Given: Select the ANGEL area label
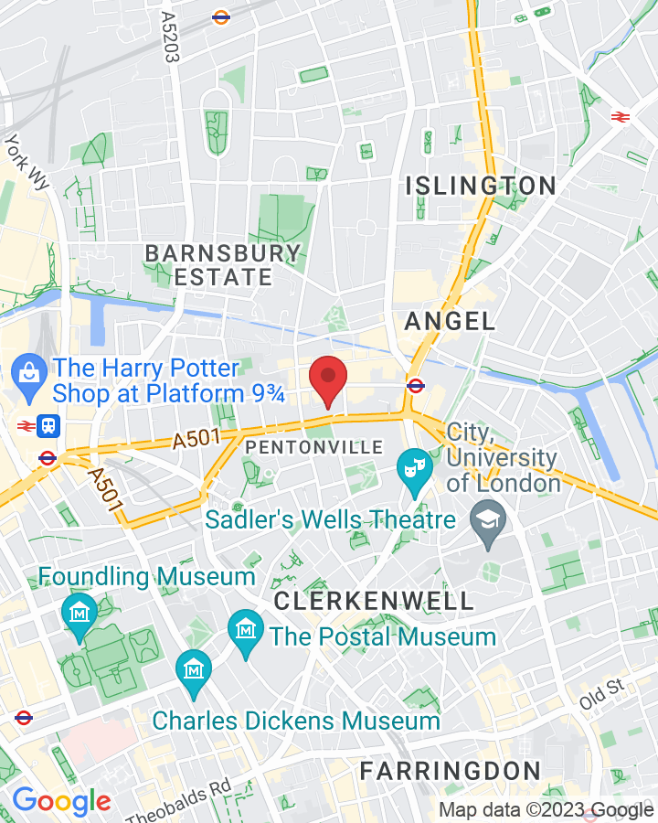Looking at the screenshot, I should [450, 321].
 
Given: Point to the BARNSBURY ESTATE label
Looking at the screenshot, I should [223, 265].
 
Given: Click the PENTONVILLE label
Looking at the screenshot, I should [313, 447].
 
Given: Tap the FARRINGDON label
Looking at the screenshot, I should [450, 770].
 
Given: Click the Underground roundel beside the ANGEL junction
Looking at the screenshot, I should [415, 385].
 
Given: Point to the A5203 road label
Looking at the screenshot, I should [168, 37].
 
